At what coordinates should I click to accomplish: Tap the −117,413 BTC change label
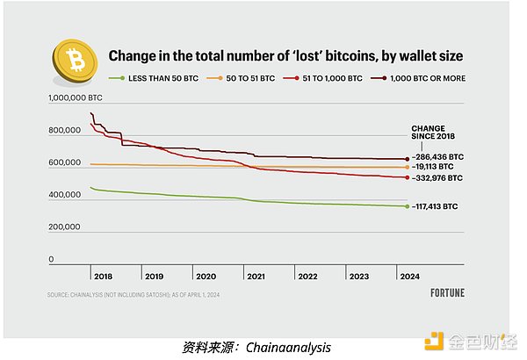[437, 206]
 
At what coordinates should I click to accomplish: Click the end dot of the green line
[406, 206]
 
